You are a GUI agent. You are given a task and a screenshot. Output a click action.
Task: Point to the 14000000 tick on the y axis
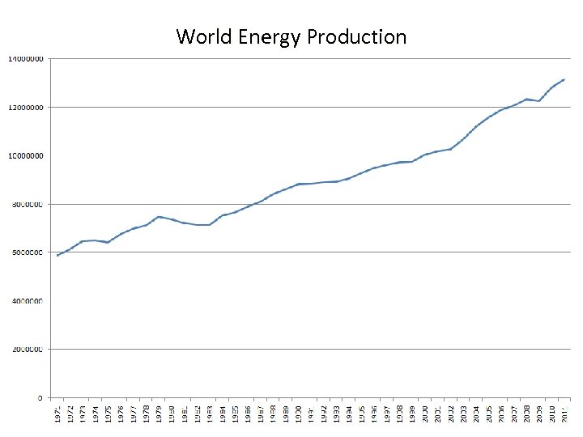click(x=26, y=59)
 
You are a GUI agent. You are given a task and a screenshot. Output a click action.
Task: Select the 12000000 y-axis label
click(x=26, y=107)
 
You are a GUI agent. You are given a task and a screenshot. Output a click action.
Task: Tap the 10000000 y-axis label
click(x=26, y=155)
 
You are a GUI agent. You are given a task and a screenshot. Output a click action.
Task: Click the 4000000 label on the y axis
click(x=28, y=301)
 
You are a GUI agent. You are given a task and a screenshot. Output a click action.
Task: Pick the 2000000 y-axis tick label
click(x=28, y=350)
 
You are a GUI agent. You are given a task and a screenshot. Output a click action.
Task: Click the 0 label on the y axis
click(x=40, y=398)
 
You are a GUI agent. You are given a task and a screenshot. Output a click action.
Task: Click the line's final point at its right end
click(x=564, y=79)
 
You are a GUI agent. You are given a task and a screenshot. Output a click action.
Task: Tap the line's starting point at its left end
click(x=57, y=256)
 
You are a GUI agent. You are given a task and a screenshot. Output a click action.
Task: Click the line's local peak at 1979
click(x=160, y=216)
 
